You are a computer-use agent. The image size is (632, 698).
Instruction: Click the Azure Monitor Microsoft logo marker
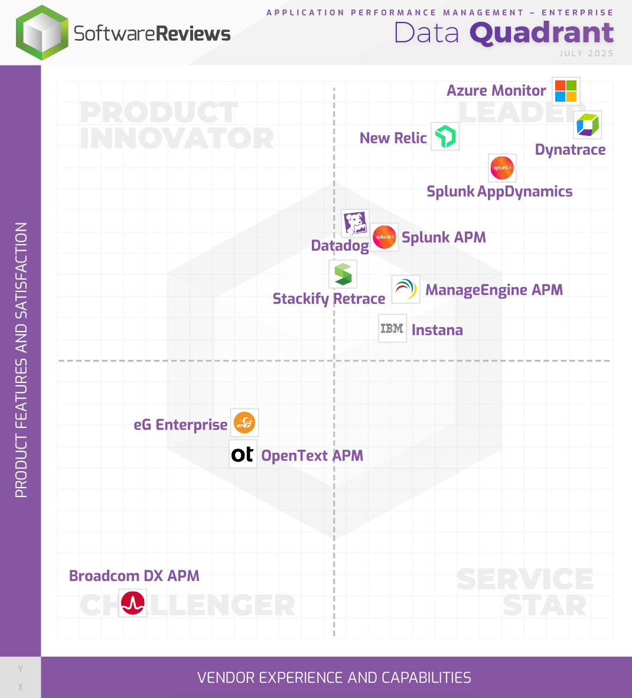(x=566, y=91)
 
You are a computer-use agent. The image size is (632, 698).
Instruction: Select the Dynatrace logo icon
(x=588, y=125)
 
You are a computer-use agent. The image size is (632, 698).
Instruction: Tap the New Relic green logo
(x=445, y=137)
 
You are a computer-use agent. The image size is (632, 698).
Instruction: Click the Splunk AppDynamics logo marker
(x=502, y=168)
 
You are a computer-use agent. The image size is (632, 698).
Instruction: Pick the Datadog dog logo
(x=356, y=223)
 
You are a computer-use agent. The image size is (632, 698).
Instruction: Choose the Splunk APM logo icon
(x=385, y=237)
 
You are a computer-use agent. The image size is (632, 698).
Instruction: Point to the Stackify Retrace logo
(x=343, y=274)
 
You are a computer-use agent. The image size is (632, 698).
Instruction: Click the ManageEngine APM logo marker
(x=406, y=289)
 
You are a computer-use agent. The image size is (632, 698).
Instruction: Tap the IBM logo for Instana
(x=392, y=329)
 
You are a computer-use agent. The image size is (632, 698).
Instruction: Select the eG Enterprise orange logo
(x=244, y=423)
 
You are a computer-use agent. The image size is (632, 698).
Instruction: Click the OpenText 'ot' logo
(x=243, y=454)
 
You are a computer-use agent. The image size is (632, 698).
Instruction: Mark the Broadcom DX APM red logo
(x=133, y=603)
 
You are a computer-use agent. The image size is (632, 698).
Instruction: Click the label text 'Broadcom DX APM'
(x=134, y=576)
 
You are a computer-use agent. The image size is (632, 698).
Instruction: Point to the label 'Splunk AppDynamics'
(x=499, y=191)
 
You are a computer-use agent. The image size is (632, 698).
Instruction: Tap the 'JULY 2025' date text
(x=587, y=53)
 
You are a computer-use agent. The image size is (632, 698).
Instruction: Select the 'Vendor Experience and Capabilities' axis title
(x=334, y=677)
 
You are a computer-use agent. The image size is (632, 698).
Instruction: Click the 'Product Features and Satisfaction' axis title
(x=21, y=360)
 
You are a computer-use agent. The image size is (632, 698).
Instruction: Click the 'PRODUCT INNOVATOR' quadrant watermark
(x=177, y=125)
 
